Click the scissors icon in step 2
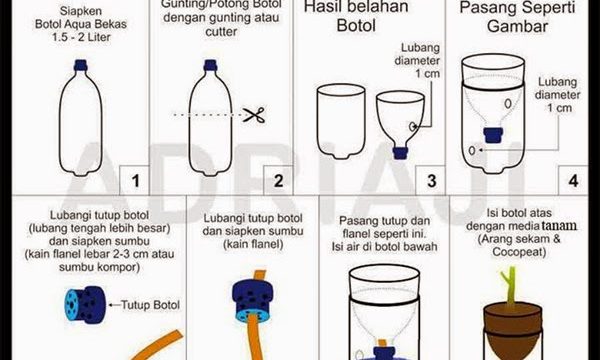tap(254, 115)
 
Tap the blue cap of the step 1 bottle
tap(80, 65)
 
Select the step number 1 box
tap(134, 180)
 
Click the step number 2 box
tap(278, 180)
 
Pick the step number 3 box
tap(430, 180)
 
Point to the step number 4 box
tap(573, 180)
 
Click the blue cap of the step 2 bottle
tap(210, 65)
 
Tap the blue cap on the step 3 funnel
tap(400, 153)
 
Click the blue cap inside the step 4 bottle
tap(493, 135)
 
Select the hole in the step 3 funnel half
tap(413, 126)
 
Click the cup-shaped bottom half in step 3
tap(341, 121)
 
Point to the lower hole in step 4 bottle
tap(472, 150)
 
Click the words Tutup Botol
tap(150, 305)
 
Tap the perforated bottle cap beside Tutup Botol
tap(85, 305)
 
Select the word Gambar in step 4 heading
tap(517, 26)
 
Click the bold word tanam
tap(559, 225)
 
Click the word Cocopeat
tap(519, 252)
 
